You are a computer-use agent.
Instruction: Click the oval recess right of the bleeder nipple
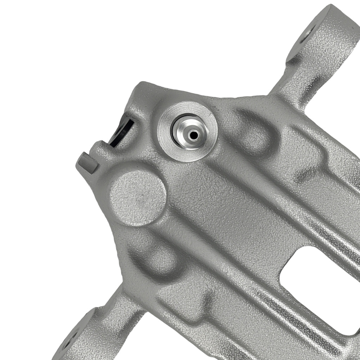[x=252, y=133]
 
